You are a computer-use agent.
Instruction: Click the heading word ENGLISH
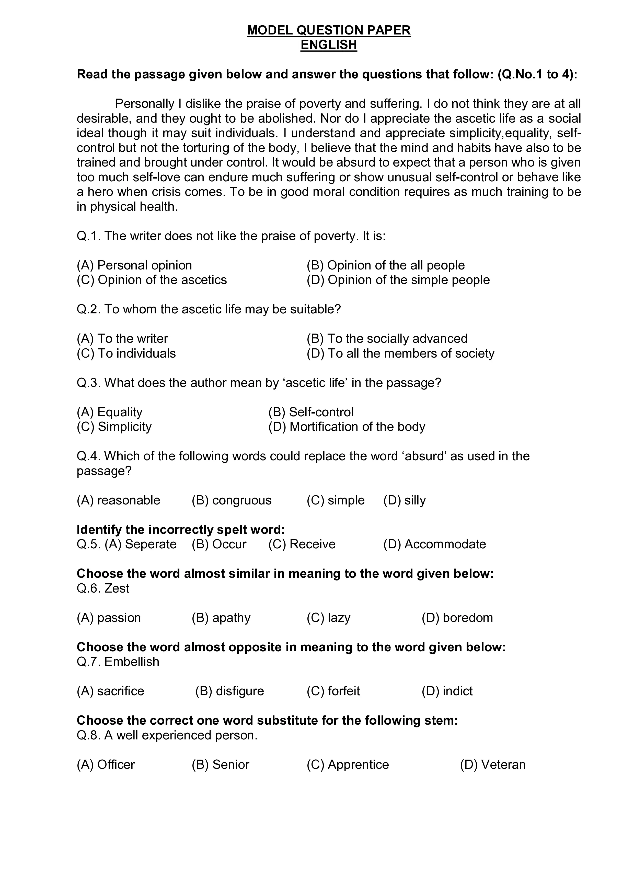(x=328, y=45)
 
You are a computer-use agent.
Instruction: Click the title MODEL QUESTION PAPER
(x=328, y=30)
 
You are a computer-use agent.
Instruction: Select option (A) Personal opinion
(x=134, y=265)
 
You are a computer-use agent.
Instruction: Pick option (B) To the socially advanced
(x=387, y=338)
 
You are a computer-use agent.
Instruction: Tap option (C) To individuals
(x=126, y=353)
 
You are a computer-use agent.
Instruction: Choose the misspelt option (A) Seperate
(x=141, y=544)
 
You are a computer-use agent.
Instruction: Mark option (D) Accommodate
(x=434, y=544)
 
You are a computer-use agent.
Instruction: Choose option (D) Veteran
(x=493, y=764)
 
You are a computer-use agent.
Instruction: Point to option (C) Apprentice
(x=348, y=764)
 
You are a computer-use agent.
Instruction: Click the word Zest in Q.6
(x=117, y=588)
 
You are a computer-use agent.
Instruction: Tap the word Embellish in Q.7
(x=132, y=662)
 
